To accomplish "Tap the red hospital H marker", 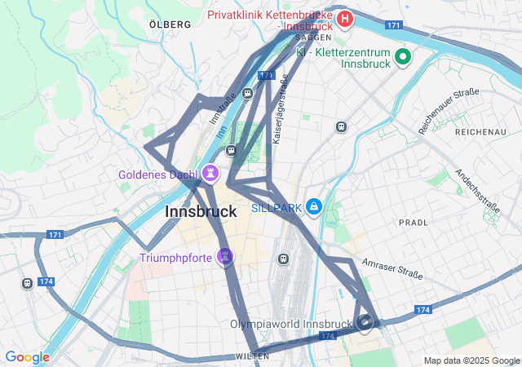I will click(x=346, y=18).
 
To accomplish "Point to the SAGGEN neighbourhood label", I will click(x=313, y=38).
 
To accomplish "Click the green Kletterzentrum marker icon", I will click(x=401, y=56).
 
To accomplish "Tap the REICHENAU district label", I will click(x=480, y=131).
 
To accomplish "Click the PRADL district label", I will click(x=414, y=222).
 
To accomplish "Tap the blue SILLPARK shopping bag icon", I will click(x=313, y=207).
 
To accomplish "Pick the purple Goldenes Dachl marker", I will click(x=210, y=173).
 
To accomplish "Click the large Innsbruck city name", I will click(x=201, y=211).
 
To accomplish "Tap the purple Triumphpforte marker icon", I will click(x=226, y=258).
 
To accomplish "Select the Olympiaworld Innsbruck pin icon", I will click(x=365, y=324).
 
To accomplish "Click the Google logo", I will click(x=27, y=357).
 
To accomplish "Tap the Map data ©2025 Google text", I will click(x=471, y=360).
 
